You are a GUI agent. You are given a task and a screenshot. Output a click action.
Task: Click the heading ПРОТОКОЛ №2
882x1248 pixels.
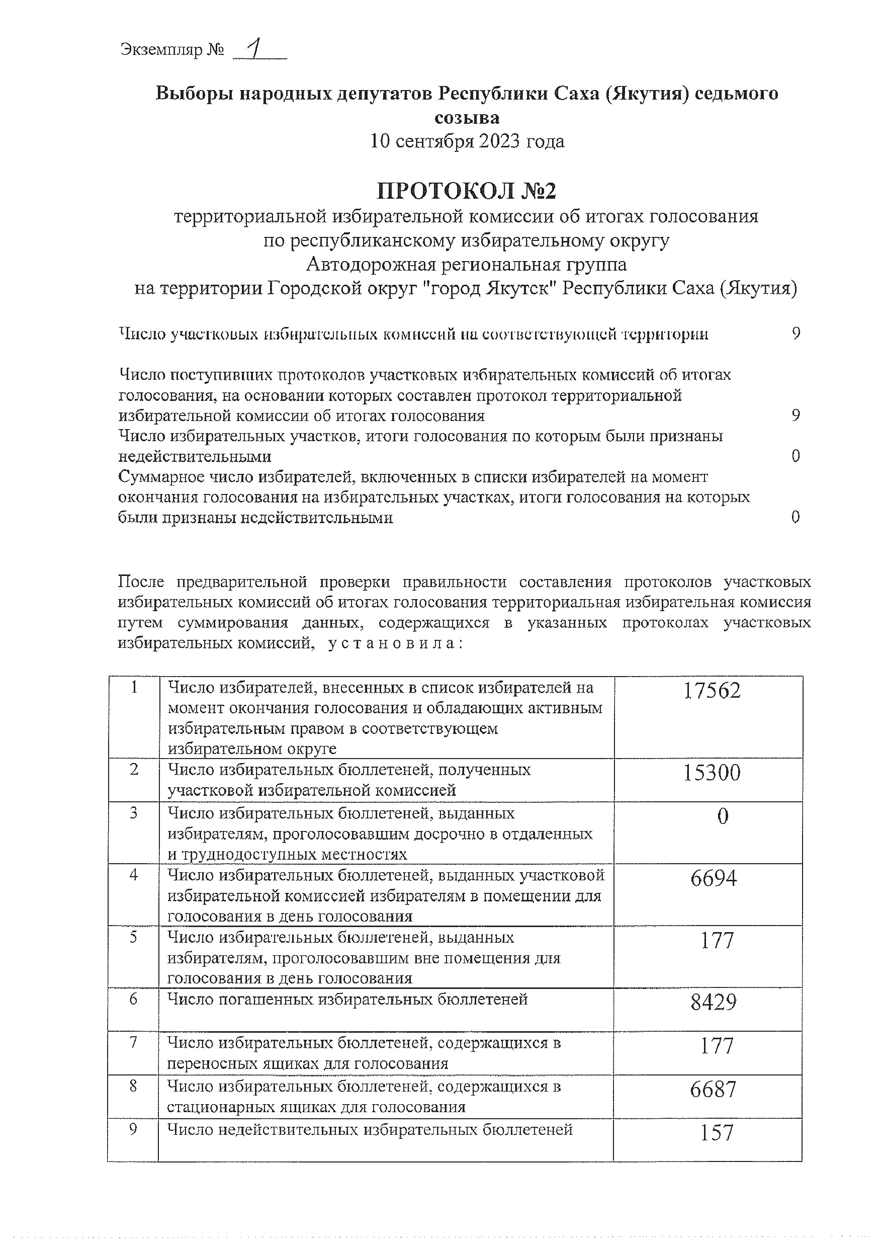pos(467,191)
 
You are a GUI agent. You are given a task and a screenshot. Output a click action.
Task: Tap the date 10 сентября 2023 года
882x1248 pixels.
pos(467,141)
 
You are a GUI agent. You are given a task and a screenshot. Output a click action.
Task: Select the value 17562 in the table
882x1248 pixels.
pos(712,691)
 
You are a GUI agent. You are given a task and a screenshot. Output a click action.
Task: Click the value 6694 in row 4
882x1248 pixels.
pos(714,878)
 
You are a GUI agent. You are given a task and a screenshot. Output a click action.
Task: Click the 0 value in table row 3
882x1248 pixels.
pos(722,816)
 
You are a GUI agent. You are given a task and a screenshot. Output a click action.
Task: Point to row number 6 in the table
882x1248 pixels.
pos(133,999)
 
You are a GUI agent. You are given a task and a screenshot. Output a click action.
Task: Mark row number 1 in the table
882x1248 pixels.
pos(134,688)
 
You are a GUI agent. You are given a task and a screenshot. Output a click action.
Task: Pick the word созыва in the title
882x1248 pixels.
pos(467,117)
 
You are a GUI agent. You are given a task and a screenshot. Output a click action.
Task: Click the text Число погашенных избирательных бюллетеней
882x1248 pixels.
pos(348,999)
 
